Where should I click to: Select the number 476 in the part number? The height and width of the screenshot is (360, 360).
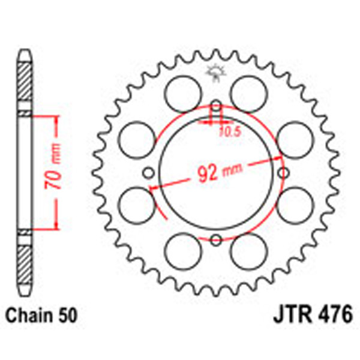(x=334, y=314)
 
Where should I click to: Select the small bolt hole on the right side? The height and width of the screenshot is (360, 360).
(x=283, y=173)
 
